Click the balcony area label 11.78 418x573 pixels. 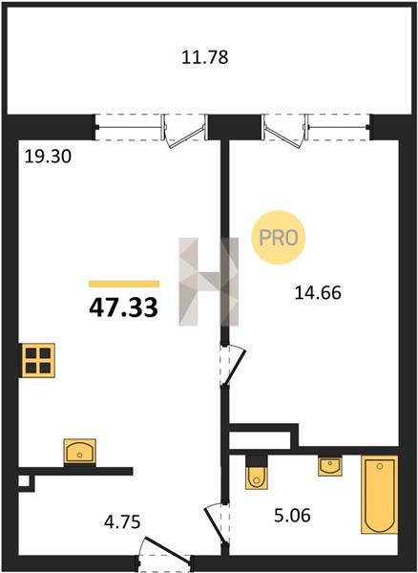click(205, 57)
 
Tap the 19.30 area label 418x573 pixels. click(48, 157)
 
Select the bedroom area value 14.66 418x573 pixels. click(318, 293)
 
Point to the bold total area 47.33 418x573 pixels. click(123, 307)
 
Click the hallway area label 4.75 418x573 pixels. click(122, 521)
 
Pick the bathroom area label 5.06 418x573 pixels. click(292, 516)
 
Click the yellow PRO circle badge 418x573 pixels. click(279, 238)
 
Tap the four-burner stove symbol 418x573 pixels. click(38, 360)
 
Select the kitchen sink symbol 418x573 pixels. click(79, 453)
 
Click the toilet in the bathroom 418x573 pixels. click(256, 473)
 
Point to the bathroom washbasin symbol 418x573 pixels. click(329, 466)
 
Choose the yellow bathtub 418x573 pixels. click(379, 495)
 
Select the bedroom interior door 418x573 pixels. click(235, 365)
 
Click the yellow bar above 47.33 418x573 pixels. click(124, 284)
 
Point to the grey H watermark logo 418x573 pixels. click(208, 282)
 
